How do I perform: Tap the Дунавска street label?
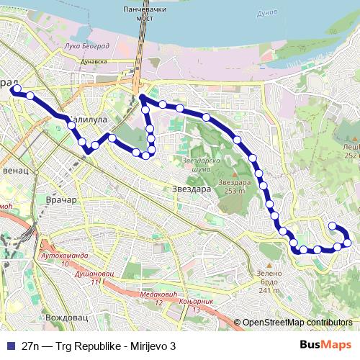click(x=97, y=63)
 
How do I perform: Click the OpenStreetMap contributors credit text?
click(x=297, y=323)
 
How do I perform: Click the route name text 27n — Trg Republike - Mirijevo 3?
click(x=99, y=345)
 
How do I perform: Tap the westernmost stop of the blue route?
click(x=14, y=89)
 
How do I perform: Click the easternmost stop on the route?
click(x=348, y=242)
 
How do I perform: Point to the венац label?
click(x=16, y=172)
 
